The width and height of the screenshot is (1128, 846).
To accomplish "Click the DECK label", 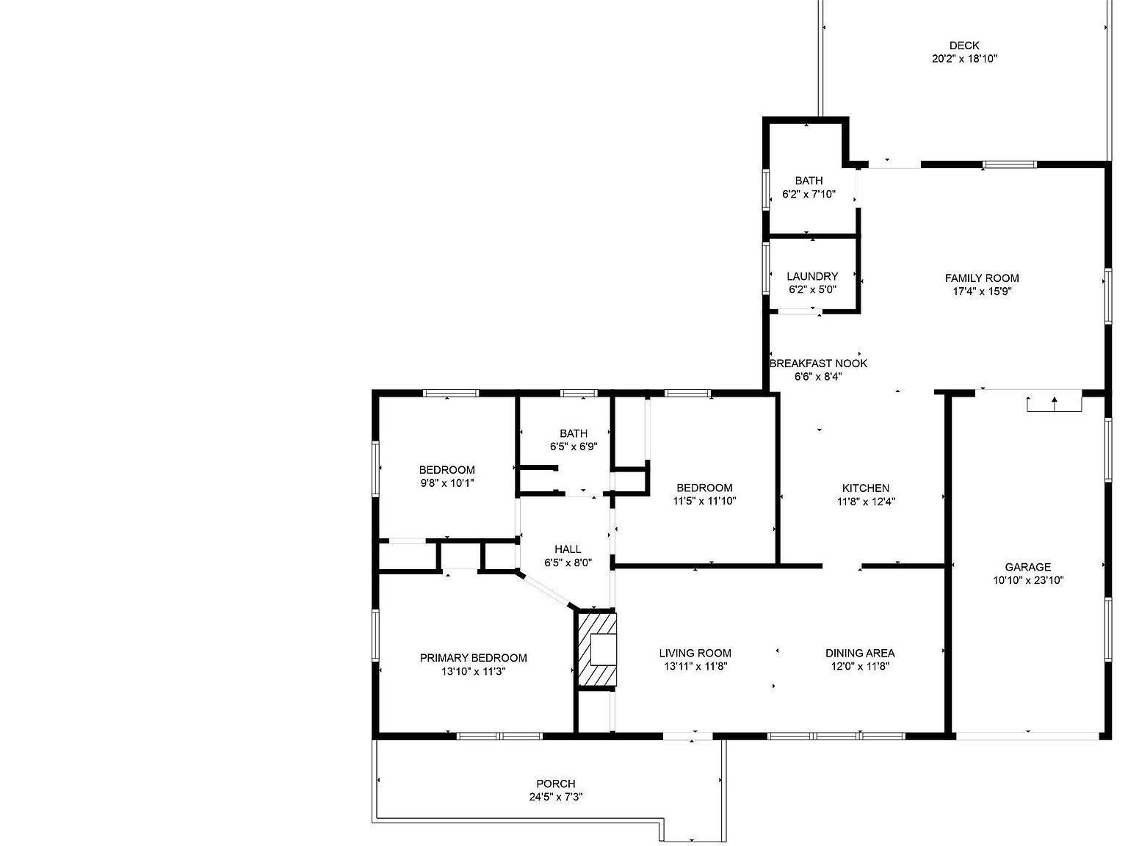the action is click(x=964, y=46).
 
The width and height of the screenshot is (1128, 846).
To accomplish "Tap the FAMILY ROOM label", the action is click(x=982, y=278).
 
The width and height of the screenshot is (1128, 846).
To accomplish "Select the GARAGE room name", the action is click(x=1028, y=567).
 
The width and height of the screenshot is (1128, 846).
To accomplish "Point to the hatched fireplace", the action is click(x=596, y=649).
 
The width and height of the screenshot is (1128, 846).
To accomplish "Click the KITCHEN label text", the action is click(x=865, y=488).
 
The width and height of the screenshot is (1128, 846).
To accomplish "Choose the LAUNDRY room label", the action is click(x=812, y=276).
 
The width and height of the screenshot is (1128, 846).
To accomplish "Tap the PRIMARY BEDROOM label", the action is click(x=473, y=658).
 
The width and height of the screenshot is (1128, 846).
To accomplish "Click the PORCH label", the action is click(x=555, y=784).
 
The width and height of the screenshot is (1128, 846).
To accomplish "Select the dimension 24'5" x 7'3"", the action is click(x=555, y=798).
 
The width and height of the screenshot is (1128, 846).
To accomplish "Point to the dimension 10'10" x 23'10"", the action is click(x=1028, y=580).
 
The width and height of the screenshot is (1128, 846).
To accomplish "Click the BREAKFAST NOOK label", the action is click(x=818, y=364).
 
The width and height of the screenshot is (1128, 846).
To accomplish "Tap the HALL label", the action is click(x=568, y=549).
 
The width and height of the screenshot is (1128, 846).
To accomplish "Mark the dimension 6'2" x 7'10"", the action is click(x=809, y=194).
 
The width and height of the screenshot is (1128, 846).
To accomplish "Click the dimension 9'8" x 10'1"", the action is click(x=446, y=482).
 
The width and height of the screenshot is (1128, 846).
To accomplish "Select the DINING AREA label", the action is click(x=860, y=653).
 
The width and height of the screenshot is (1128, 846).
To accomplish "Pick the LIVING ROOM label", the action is click(x=695, y=653).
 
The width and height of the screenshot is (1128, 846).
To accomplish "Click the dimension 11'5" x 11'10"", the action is click(x=704, y=501).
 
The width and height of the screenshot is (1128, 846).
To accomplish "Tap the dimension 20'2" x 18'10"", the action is click(x=964, y=59).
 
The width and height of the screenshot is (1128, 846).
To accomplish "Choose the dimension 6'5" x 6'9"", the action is click(x=573, y=447).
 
